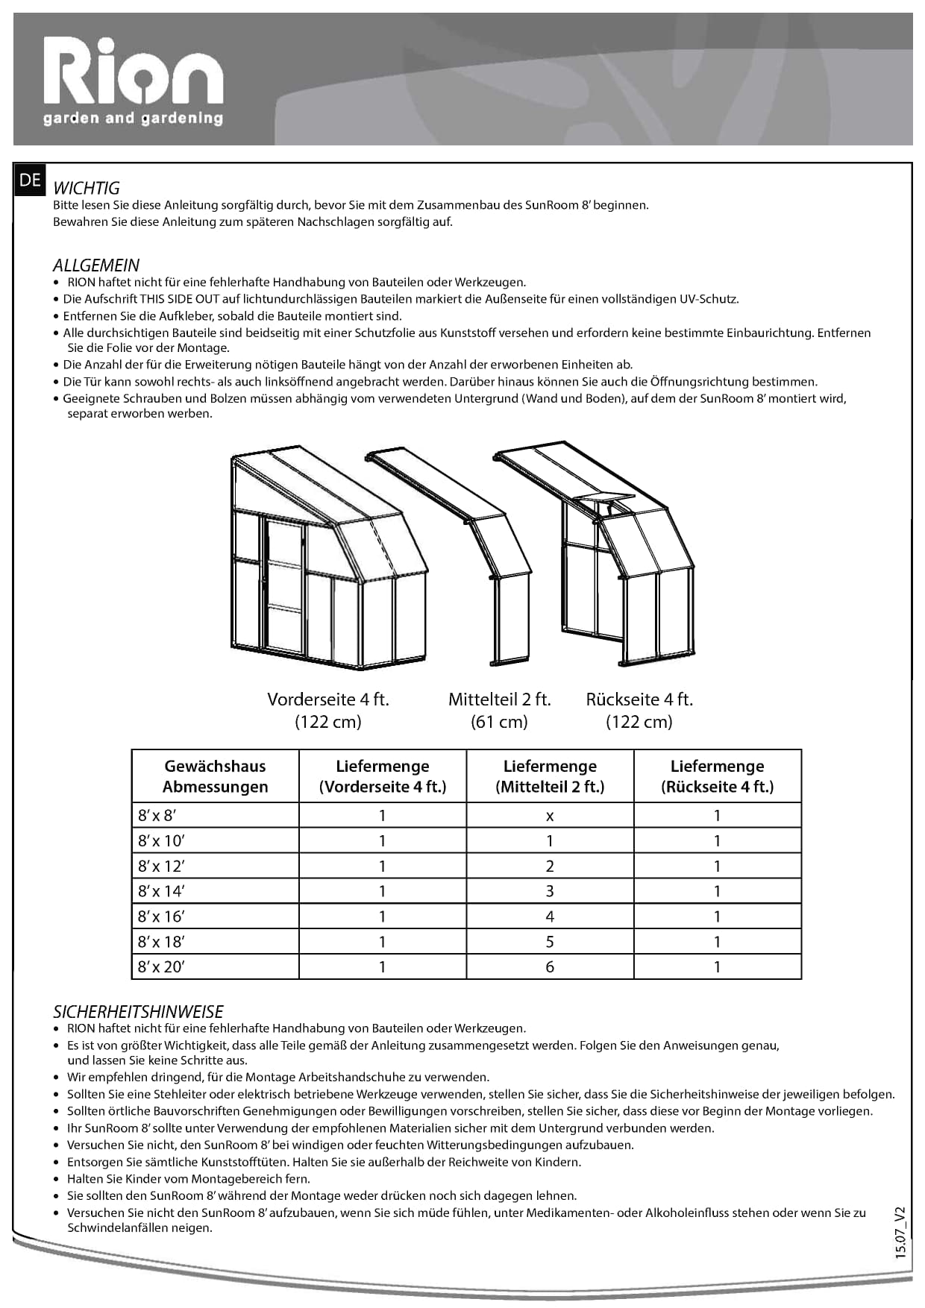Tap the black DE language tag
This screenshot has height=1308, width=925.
point(30,180)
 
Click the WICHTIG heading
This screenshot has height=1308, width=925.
point(87,188)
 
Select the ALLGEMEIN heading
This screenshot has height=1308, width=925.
point(96,265)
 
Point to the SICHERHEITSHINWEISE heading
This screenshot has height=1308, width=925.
point(138,1012)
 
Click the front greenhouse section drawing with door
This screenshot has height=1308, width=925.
point(328,556)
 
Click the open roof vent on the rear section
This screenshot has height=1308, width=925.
point(604,500)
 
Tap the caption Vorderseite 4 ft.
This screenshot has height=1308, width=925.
point(328,699)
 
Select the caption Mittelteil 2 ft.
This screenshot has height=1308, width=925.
point(499,699)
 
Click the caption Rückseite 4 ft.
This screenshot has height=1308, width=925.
point(639,699)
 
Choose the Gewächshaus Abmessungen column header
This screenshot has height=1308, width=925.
point(215,776)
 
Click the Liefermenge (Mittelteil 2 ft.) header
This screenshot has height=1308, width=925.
point(550,776)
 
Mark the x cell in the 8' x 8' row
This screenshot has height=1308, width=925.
point(550,816)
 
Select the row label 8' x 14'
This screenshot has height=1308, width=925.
point(162,891)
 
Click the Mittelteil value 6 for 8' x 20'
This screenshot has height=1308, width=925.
point(550,967)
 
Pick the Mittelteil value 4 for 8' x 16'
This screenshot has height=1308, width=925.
point(550,916)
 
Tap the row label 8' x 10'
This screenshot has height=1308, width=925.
point(162,841)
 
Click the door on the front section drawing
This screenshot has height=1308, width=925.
point(284,585)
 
